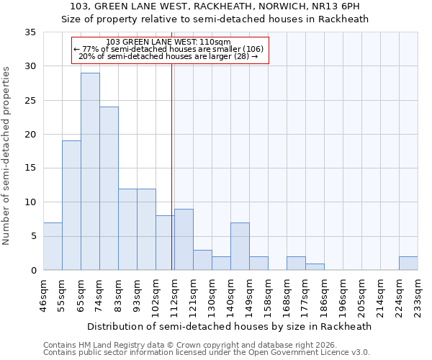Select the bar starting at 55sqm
point(71,205)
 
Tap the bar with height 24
point(109,189)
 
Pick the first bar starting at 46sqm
point(53,246)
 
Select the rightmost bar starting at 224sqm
point(408,264)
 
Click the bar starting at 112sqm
point(184,240)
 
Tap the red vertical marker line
point(172,180)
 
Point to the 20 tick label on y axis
point(32,135)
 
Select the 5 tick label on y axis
point(34,237)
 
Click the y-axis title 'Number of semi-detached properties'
point(7,156)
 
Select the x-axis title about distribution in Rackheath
point(230,326)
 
